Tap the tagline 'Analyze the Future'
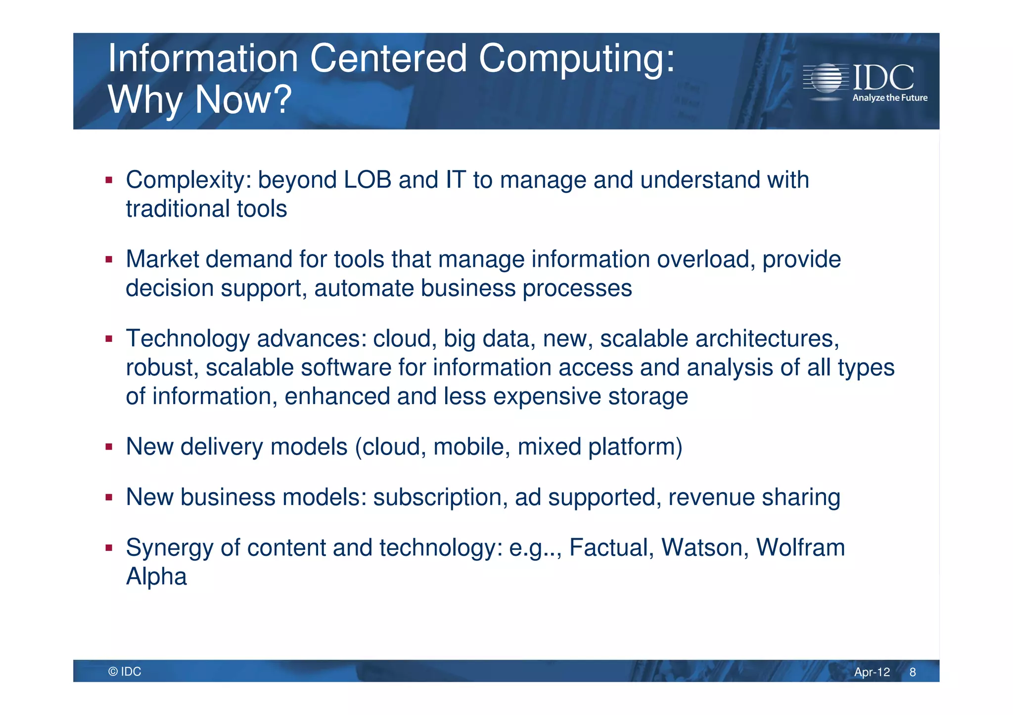(x=889, y=98)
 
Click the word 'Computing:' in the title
(x=576, y=59)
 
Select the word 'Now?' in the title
(x=243, y=100)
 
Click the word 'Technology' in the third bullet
(x=188, y=339)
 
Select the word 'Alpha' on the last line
(x=156, y=577)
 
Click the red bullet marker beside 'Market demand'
(x=109, y=259)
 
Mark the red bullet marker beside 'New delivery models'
(x=109, y=447)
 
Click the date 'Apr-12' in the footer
(x=872, y=672)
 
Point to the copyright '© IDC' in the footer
(x=125, y=672)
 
